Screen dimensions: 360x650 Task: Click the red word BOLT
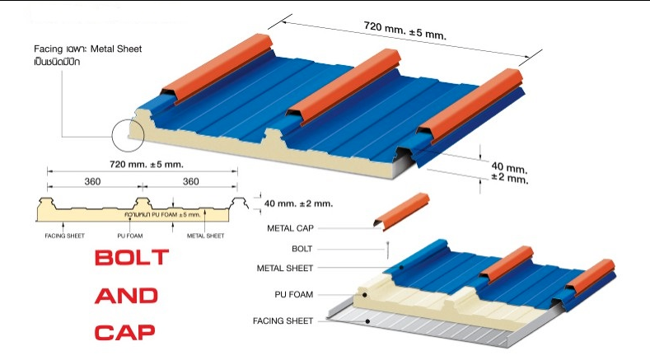(x=132, y=257)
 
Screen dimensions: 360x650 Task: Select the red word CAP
(x=125, y=333)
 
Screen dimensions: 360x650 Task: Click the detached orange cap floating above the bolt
(x=403, y=209)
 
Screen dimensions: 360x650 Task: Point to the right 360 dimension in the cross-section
(x=191, y=181)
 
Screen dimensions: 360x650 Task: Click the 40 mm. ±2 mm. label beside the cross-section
(x=299, y=203)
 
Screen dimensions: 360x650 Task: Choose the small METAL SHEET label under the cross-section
(x=206, y=236)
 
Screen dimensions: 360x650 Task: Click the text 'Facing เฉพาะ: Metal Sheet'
(x=82, y=49)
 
